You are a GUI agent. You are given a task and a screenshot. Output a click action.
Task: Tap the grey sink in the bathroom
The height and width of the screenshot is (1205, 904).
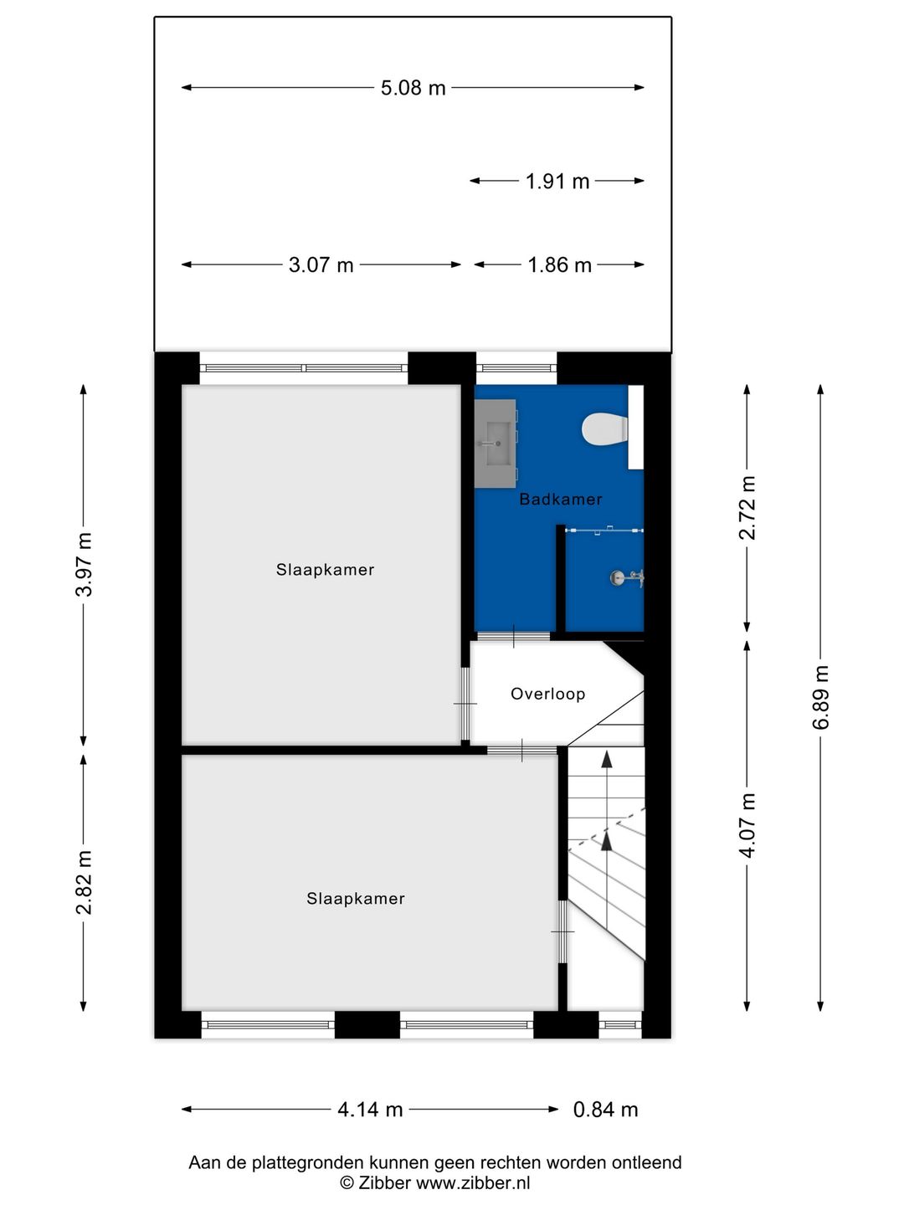pyautogui.click(x=496, y=443)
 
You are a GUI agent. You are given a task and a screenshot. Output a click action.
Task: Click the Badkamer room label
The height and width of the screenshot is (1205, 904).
pyautogui.click(x=560, y=500)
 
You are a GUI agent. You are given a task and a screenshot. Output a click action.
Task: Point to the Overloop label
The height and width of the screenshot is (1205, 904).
pyautogui.click(x=547, y=694)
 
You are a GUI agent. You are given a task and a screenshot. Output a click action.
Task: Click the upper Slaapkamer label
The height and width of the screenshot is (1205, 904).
pyautogui.click(x=325, y=570)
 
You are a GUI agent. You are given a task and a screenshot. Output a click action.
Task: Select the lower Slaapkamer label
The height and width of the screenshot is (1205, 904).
pyautogui.click(x=355, y=899)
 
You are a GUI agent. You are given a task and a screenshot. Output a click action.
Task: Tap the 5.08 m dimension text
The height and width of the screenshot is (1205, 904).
pyautogui.click(x=413, y=88)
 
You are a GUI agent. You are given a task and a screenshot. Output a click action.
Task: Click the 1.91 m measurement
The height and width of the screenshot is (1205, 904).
pyautogui.click(x=557, y=181)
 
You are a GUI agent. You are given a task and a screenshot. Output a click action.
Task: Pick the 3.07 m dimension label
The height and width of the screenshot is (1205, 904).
pyautogui.click(x=321, y=265)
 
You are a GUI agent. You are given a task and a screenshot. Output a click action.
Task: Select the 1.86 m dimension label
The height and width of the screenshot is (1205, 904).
pyautogui.click(x=559, y=265)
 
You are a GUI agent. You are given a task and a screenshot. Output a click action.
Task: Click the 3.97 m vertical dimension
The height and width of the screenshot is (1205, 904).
pyautogui.click(x=84, y=564)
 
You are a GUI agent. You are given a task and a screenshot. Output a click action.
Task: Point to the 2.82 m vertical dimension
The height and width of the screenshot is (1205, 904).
pyautogui.click(x=84, y=882)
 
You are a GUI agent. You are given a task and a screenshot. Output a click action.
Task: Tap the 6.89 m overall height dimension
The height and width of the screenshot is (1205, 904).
pyautogui.click(x=821, y=697)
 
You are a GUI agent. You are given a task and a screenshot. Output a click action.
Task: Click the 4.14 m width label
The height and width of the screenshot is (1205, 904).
pyautogui.click(x=370, y=1110)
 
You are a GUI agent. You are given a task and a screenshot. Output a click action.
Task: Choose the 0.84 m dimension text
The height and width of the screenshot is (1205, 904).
pyautogui.click(x=605, y=1110)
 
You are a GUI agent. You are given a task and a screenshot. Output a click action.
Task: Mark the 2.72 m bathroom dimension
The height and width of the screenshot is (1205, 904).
pyautogui.click(x=747, y=508)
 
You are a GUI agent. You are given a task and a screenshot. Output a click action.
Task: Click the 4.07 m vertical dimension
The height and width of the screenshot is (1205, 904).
pyautogui.click(x=747, y=825)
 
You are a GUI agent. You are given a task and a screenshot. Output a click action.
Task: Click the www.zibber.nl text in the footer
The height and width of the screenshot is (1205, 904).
pyautogui.click(x=473, y=1182)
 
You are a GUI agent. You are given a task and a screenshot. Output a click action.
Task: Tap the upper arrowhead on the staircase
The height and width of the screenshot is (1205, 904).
pyautogui.click(x=607, y=758)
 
